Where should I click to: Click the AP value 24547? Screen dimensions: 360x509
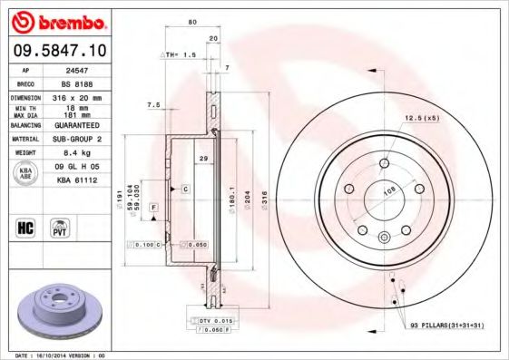pos(83,69)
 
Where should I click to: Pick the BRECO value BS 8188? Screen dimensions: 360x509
pos(83,82)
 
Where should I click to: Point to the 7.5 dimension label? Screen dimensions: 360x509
pos(153,105)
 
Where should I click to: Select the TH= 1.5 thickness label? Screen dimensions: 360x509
pos(178,54)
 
